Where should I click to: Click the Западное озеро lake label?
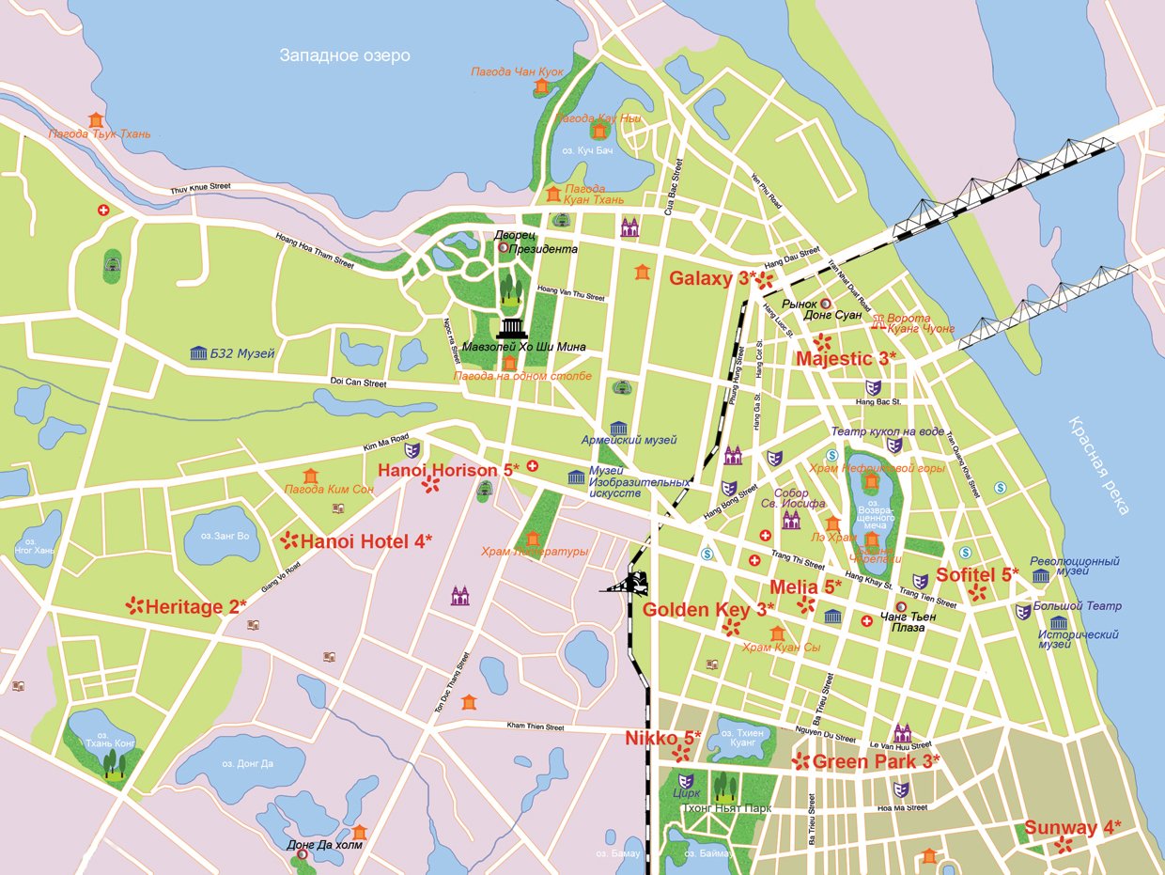[x=345, y=55]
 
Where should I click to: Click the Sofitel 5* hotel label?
[x=977, y=574]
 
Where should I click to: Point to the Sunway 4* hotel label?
[x=1072, y=828]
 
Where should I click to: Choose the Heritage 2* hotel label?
[x=195, y=607]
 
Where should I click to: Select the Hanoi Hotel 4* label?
[x=365, y=541]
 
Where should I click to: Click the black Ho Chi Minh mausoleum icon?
[x=512, y=328]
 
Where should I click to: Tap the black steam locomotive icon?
[x=634, y=583]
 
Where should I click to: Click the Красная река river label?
[x=1098, y=464]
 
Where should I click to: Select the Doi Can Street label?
[x=359, y=383]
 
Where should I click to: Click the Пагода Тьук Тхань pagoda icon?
[x=96, y=119]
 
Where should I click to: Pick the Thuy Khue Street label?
[x=200, y=189]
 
